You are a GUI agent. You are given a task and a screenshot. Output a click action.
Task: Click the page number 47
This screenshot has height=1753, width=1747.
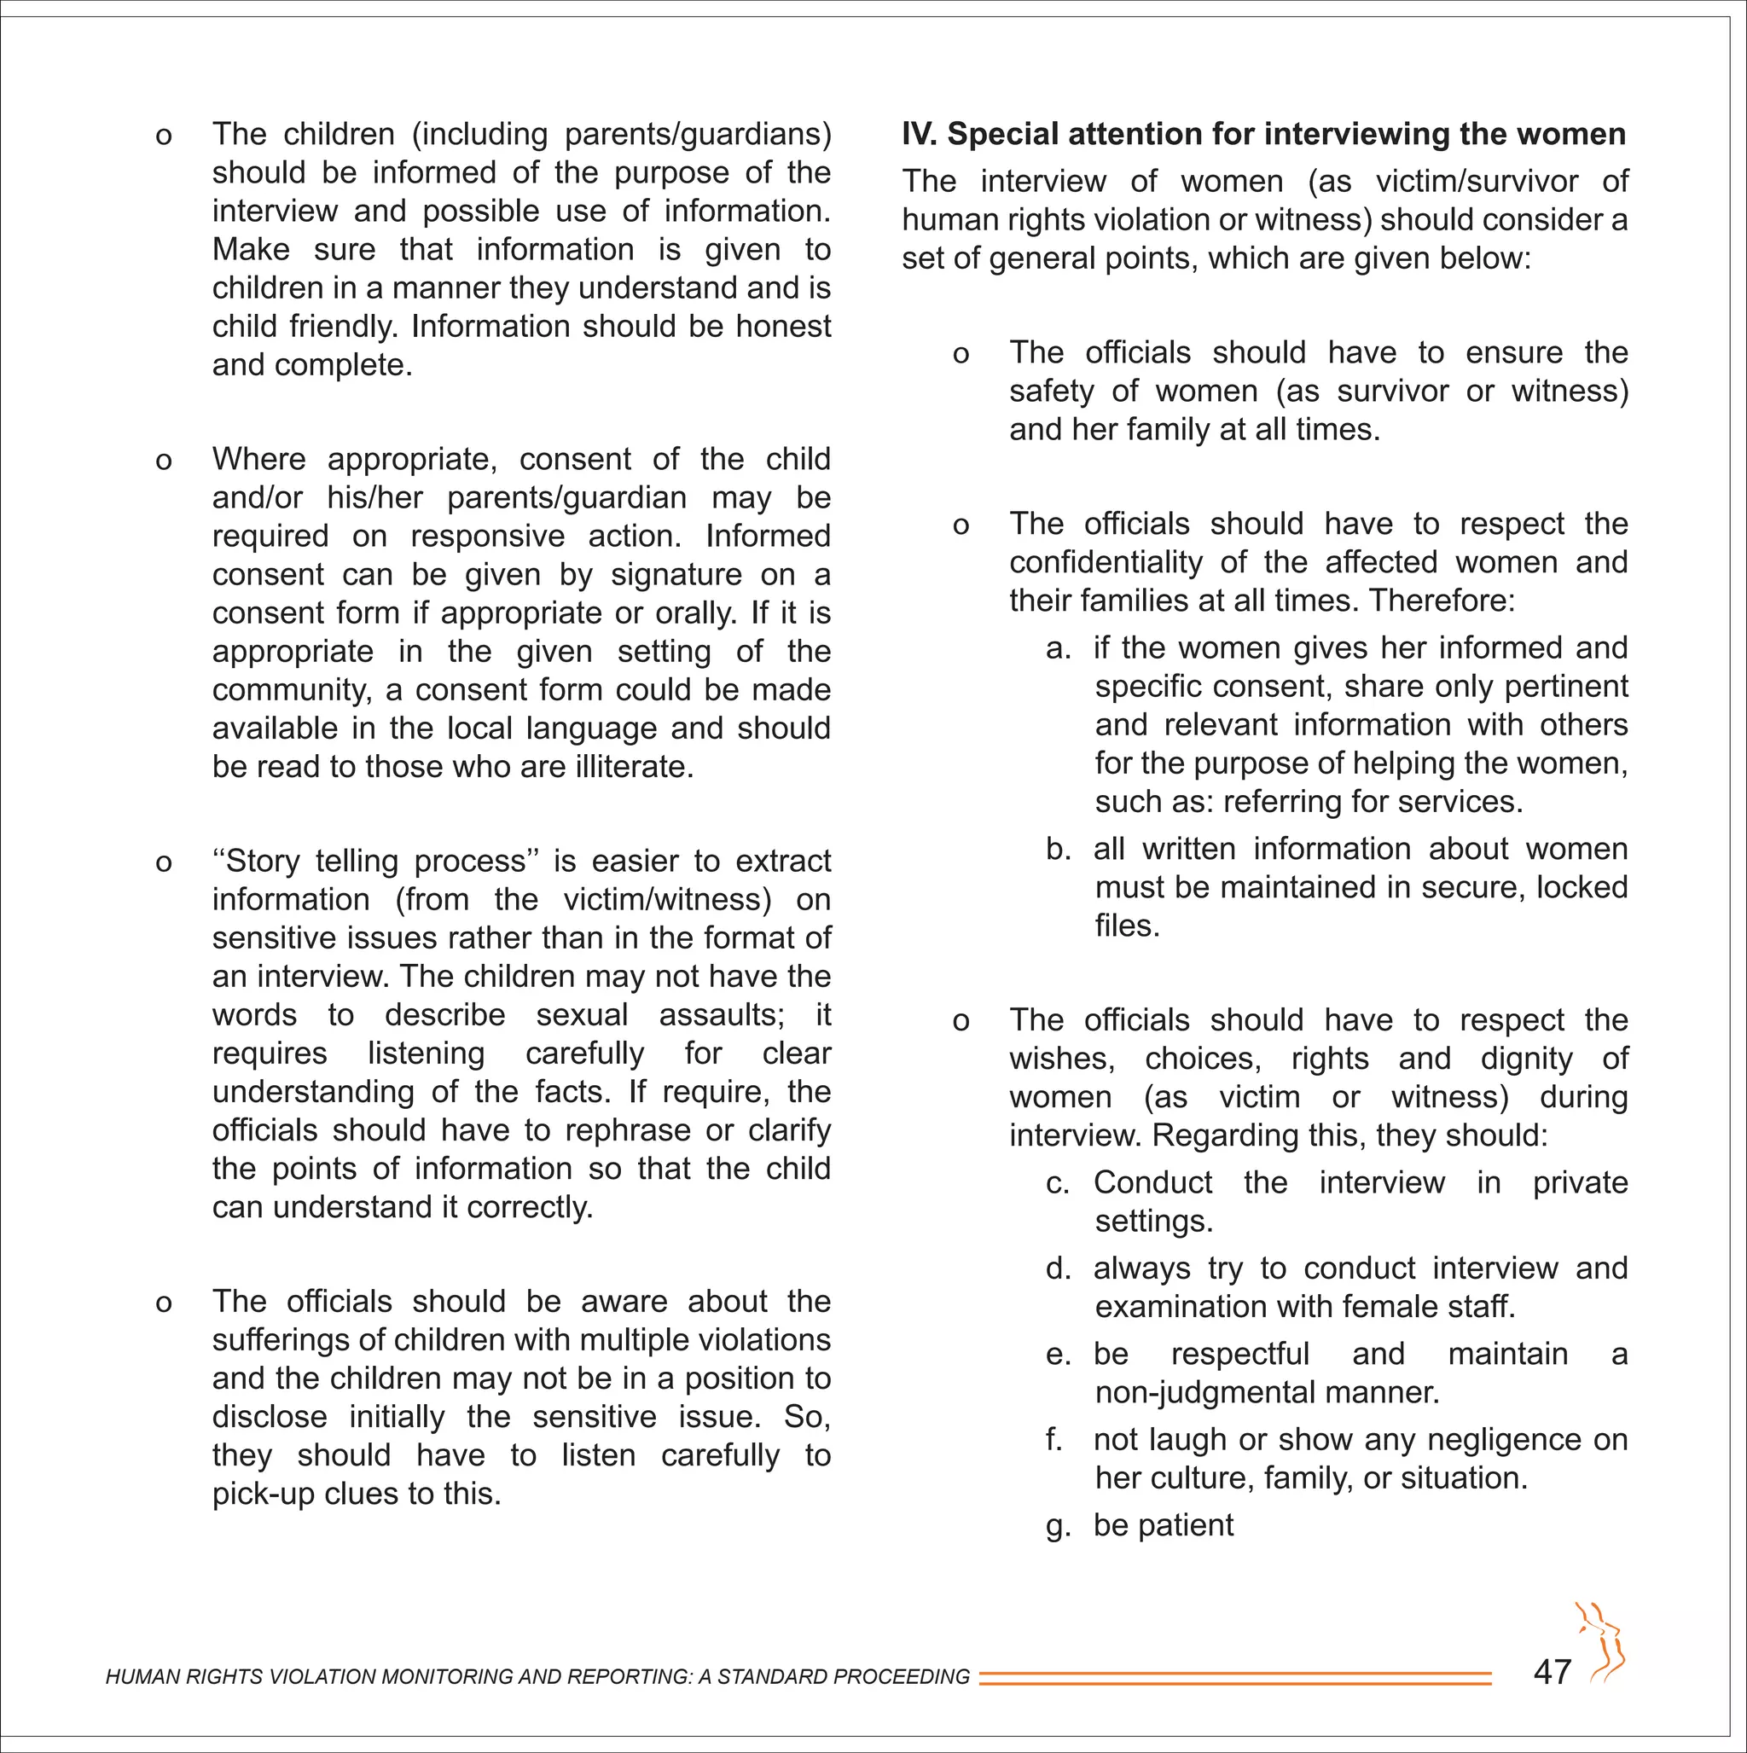pyautogui.click(x=1552, y=1671)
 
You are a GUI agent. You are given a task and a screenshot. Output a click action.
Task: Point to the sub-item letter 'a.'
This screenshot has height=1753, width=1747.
pyautogui.click(x=1059, y=647)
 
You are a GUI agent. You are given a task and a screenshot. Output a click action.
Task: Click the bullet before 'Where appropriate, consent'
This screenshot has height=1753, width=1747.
pyautogui.click(x=164, y=461)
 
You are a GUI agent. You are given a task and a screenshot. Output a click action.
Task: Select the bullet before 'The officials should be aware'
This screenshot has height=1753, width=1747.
pyautogui.click(x=164, y=1303)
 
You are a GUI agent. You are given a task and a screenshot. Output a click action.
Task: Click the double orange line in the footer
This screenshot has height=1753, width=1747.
pyautogui.click(x=1234, y=1678)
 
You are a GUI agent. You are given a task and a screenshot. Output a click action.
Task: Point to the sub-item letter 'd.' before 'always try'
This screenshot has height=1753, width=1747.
pyautogui.click(x=1059, y=1268)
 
